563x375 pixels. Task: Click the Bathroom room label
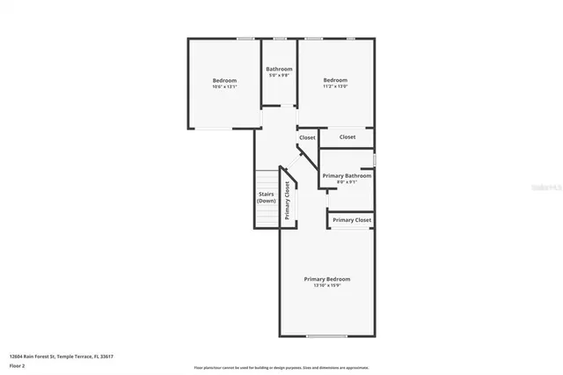tap(280, 69)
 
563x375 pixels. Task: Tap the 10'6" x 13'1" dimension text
tap(225, 86)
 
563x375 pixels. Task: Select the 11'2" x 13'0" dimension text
tap(335, 86)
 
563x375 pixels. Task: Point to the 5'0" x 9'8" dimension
tap(280, 75)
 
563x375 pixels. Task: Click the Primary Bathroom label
tap(347, 176)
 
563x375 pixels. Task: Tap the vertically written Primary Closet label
tap(287, 200)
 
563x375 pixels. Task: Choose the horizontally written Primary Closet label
tap(352, 220)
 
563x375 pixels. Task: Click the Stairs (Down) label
tap(267, 198)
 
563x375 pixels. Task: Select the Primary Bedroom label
tap(326, 279)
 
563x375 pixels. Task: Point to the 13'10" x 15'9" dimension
tap(326, 285)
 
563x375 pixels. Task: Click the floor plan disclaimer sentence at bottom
tap(281, 367)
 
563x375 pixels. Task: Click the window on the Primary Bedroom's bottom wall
tap(326, 335)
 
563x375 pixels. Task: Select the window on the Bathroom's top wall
tap(280, 39)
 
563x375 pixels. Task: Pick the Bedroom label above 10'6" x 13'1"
tap(225, 80)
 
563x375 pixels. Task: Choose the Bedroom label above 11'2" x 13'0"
tap(335, 80)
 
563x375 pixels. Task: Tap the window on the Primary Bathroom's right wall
tap(375, 160)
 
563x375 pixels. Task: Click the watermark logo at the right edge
tap(546, 188)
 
